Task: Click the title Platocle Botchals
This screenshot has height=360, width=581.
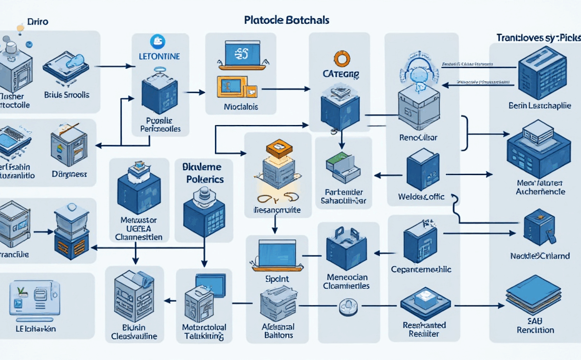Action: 287,20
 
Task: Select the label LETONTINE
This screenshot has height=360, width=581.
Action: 158,57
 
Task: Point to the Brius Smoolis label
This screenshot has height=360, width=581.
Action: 67,95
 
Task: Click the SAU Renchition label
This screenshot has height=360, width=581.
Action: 537,325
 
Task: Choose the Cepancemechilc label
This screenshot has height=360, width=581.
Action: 420,269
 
